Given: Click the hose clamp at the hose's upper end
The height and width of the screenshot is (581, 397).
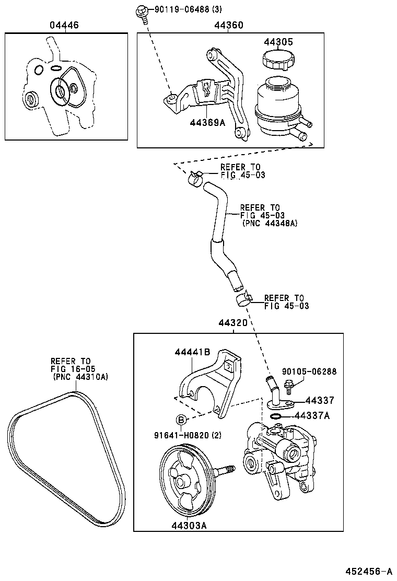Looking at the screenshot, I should (x=195, y=178).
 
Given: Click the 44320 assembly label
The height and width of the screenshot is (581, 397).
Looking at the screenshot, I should (x=232, y=323).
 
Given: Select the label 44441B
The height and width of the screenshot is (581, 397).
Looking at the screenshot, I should (x=192, y=353).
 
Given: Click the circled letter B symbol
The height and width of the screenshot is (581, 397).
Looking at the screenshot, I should (x=180, y=420).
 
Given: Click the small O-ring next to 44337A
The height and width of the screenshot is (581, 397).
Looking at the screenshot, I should (x=277, y=416).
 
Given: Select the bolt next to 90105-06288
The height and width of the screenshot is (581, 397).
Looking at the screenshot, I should (x=288, y=389).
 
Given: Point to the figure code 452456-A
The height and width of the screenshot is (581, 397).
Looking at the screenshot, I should (x=368, y=571).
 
